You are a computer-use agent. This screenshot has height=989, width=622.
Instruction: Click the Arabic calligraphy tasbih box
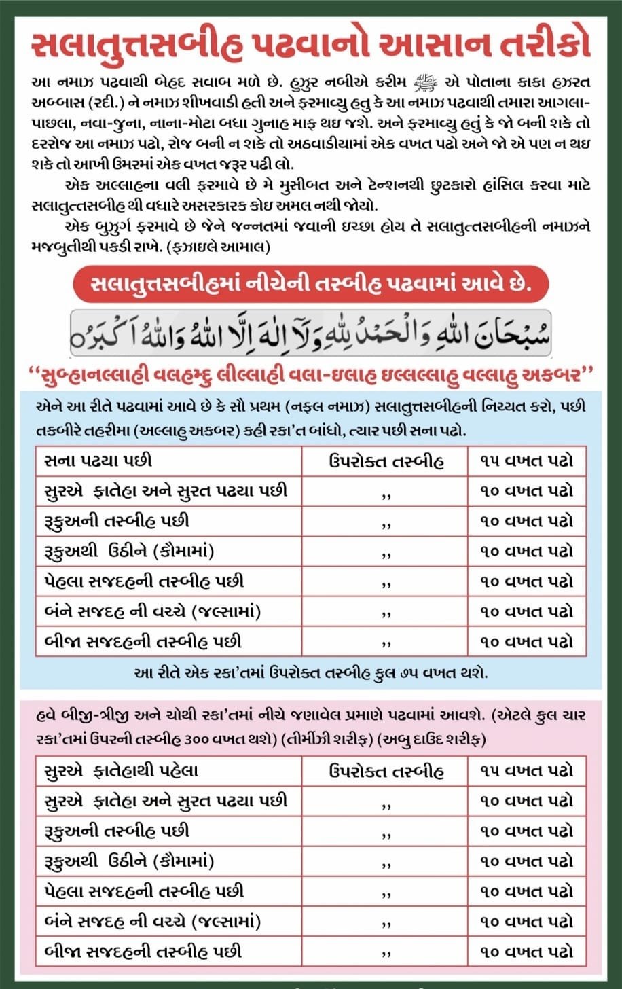pos(310,332)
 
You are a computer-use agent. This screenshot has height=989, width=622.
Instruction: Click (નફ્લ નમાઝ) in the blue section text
pos(336,406)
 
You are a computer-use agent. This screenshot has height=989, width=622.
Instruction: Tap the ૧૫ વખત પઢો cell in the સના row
pos(527,461)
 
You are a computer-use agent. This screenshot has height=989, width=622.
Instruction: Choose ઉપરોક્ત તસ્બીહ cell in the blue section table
pos(386,461)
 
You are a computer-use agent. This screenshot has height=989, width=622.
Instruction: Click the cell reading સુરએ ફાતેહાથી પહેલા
pos(120,770)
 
